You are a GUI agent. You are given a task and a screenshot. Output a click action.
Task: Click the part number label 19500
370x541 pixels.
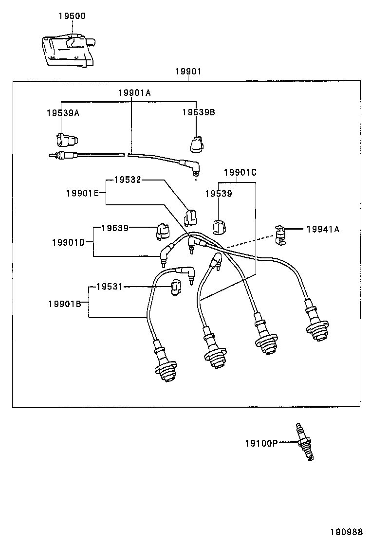click(72, 16)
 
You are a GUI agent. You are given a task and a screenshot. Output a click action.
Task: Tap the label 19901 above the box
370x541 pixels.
click(188, 72)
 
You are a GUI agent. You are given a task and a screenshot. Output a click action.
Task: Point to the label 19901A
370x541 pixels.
click(134, 92)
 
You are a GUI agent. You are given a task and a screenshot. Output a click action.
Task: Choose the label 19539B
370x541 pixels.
click(199, 112)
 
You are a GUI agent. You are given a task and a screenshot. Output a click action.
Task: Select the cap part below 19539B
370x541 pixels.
click(197, 144)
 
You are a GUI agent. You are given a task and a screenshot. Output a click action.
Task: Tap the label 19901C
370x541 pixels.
click(240, 173)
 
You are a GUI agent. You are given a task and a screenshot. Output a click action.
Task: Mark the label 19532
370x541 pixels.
click(128, 180)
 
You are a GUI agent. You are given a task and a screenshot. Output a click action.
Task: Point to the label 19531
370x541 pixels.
click(109, 287)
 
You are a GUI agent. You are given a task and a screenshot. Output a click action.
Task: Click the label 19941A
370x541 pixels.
click(323, 229)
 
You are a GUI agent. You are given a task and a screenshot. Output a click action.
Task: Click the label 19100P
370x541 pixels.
click(261, 443)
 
